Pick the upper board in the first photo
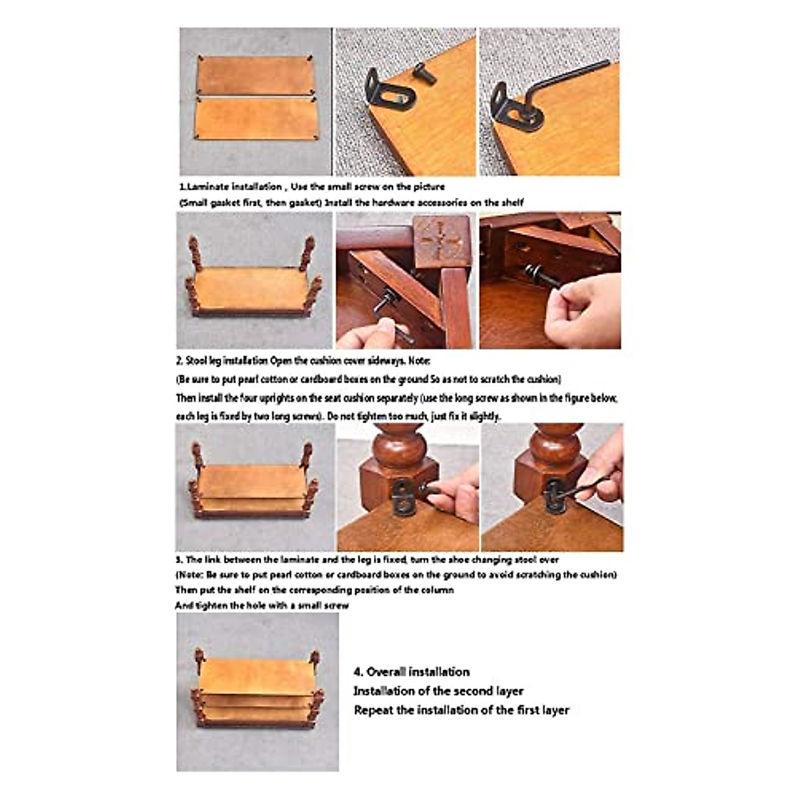tap(254, 75)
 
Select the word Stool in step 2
tap(199, 361)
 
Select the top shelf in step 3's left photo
tap(252, 482)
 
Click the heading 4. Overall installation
tap(412, 672)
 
